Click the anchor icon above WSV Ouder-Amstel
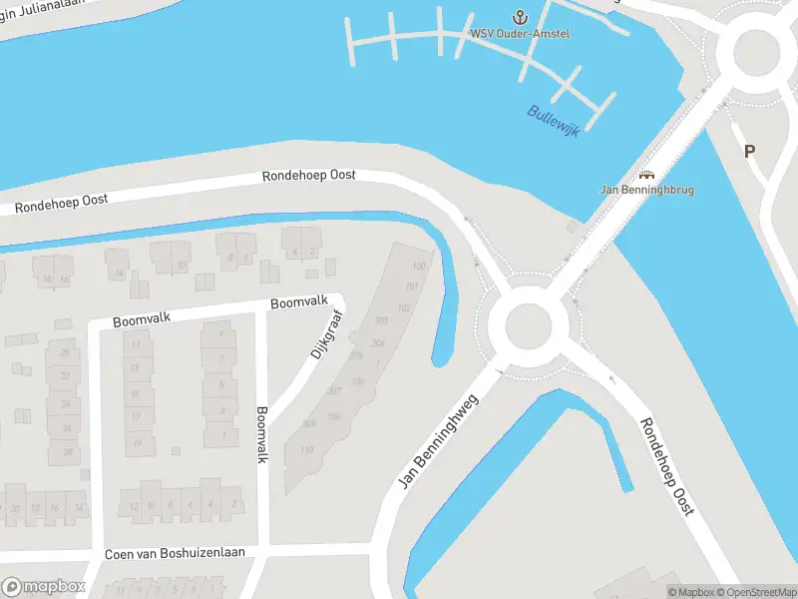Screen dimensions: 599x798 519,16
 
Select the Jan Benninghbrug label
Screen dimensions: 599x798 646,189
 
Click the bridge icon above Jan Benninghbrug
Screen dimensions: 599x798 645,174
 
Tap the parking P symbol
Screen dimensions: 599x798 749,152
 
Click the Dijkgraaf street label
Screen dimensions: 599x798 326,337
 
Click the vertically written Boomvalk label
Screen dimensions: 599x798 262,433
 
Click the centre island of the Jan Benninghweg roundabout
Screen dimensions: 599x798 528,325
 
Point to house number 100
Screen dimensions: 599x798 419,266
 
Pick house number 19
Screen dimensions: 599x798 137,443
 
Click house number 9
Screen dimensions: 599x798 220,334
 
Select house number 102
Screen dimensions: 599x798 404,307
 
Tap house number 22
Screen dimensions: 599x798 66,374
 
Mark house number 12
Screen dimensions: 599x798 133,506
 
